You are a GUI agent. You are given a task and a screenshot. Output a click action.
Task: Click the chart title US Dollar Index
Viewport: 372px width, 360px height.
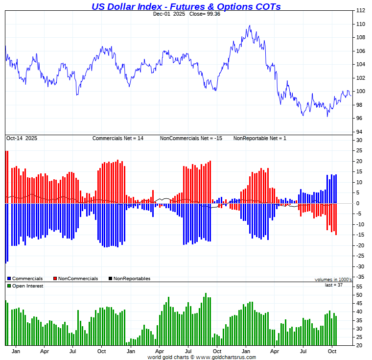click(186, 6)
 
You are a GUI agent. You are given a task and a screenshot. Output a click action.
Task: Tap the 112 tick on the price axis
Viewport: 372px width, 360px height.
click(360, 10)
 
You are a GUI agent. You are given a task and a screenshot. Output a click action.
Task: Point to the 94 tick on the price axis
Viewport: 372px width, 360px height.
click(359, 132)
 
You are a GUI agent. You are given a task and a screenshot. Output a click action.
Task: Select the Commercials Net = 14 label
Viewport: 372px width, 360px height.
click(118, 139)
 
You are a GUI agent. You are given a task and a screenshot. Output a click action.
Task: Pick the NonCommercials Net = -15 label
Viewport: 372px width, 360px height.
click(191, 139)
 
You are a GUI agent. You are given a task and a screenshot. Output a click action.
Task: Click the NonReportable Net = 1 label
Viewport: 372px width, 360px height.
click(259, 139)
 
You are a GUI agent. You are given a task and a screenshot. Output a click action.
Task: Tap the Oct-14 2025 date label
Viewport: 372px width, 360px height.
click(22, 139)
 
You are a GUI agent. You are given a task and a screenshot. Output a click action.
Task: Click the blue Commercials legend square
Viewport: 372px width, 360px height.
click(9, 279)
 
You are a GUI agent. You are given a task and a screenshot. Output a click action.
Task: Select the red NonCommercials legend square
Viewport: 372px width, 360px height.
click(55, 279)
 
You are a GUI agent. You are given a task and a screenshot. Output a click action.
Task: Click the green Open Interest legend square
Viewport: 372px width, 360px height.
click(9, 286)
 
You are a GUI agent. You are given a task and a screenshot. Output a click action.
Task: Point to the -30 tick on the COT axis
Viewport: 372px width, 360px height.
click(359, 266)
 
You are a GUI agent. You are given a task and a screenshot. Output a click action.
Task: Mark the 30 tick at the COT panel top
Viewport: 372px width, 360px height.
click(359, 140)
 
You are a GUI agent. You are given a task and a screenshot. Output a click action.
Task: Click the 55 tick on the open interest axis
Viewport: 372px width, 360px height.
click(359, 286)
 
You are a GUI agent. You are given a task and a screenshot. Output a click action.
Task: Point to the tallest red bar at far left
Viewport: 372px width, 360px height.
click(7, 176)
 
